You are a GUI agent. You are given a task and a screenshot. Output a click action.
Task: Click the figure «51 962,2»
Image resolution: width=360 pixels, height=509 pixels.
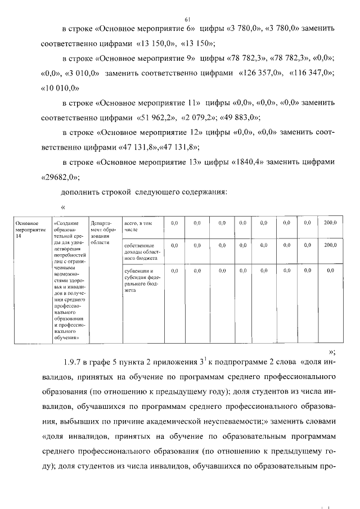point(157,118)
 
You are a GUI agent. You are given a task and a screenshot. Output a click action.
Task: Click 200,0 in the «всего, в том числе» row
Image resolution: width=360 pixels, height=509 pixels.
point(330,223)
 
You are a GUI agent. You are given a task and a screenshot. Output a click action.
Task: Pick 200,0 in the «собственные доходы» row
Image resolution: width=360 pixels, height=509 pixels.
point(330,245)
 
